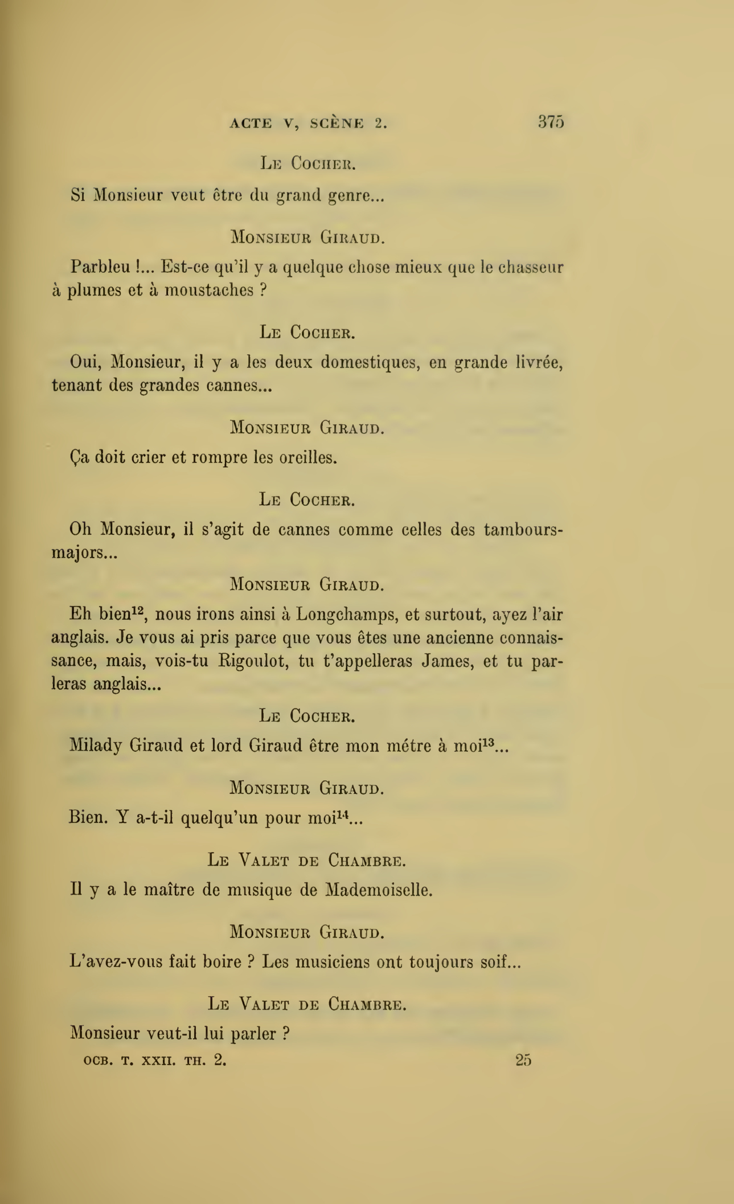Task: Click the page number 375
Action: [x=551, y=122]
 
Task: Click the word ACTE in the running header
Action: [x=251, y=124]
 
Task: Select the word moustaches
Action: [x=209, y=290]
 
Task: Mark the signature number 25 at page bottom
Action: [x=523, y=1060]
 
